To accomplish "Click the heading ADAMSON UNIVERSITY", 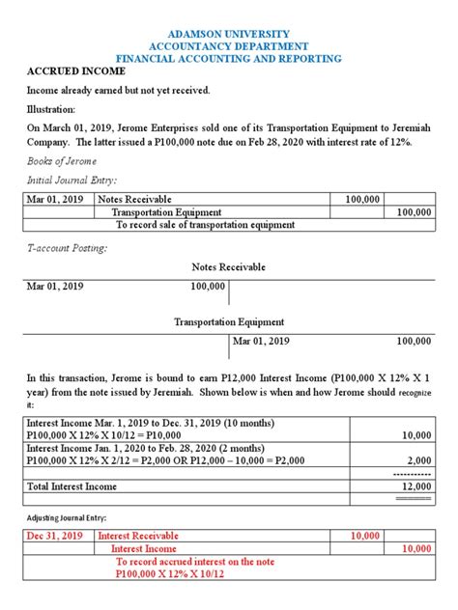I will [228, 34].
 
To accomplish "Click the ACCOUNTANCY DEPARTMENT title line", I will [228, 46].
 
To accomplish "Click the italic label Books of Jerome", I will [60, 163].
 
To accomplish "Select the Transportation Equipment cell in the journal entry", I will [166, 211].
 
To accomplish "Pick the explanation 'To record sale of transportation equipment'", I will [205, 225].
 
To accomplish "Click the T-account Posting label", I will [67, 248].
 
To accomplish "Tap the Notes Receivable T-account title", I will [228, 267].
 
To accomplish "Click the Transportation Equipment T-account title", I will [228, 322].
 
